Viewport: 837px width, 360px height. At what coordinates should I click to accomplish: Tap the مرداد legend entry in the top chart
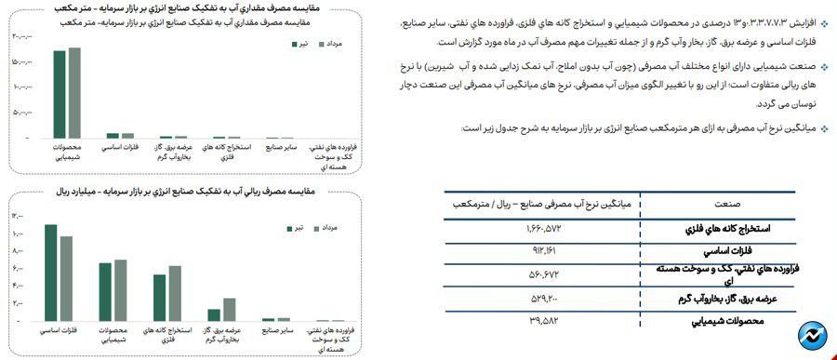(330, 44)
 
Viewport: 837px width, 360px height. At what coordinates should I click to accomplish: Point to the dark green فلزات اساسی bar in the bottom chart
(51, 273)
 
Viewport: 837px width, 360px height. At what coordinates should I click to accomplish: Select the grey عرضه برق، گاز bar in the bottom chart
(229, 310)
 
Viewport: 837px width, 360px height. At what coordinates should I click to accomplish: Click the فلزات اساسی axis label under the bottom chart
(60, 330)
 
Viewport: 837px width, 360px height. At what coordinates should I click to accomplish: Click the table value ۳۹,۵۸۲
(539, 322)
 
